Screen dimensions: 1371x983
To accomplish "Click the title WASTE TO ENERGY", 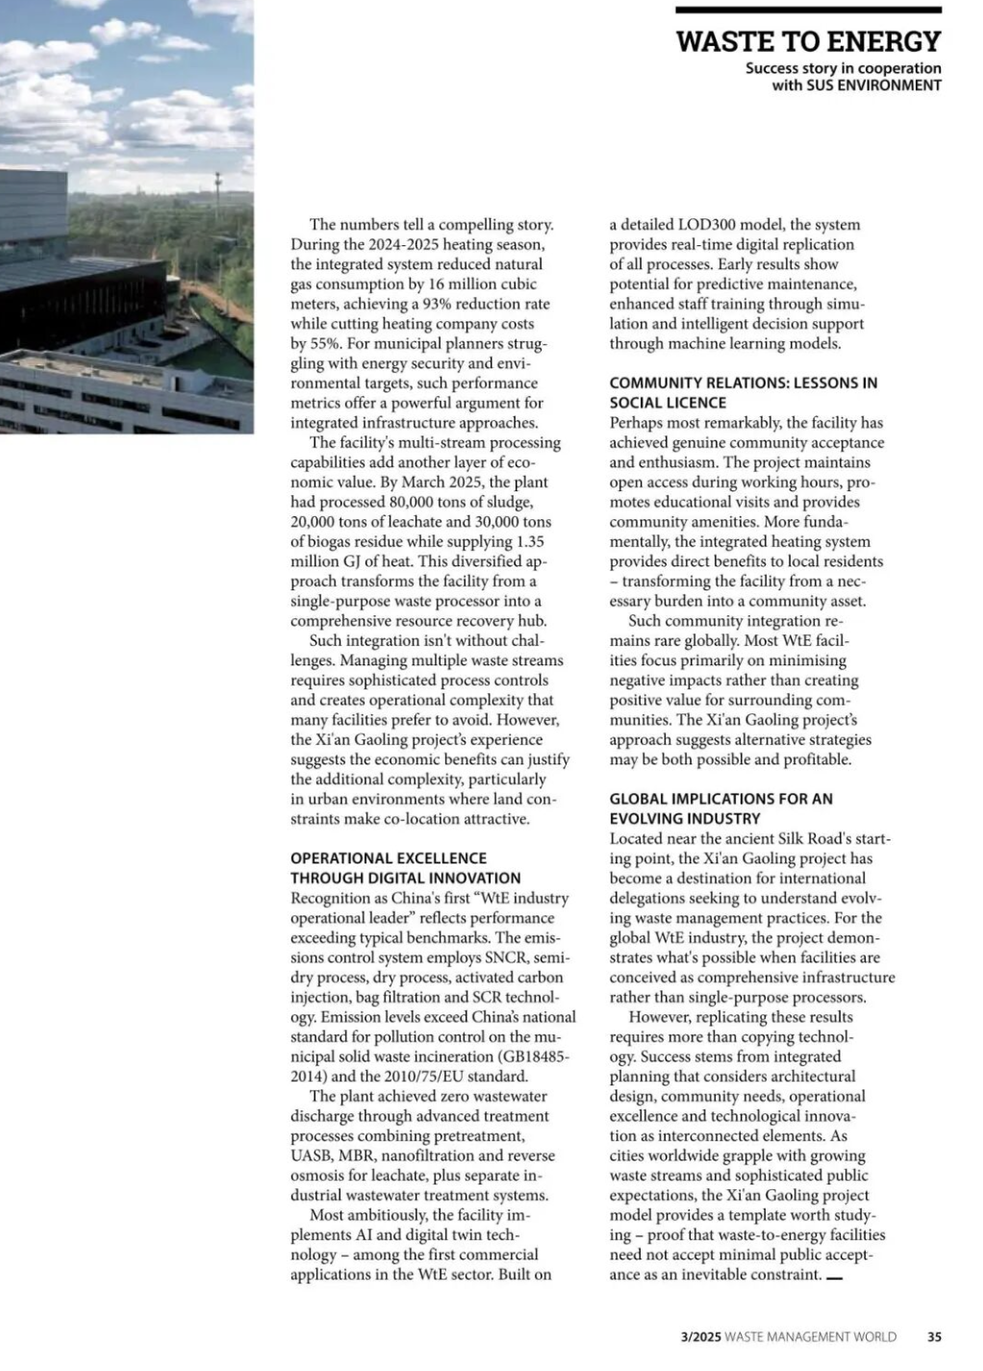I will pos(808,41).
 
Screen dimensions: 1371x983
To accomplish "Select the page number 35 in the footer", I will pos(935,1336).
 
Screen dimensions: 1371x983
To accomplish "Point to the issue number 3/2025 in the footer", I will pos(700,1336).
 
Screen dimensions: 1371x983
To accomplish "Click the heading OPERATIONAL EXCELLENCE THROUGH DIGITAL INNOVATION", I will pos(405,868).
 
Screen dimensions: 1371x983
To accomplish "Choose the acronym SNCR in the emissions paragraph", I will pos(506,958).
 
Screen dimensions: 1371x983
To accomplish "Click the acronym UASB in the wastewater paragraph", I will pos(311,1156).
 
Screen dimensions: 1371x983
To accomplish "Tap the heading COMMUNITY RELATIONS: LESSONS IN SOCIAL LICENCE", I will pos(743,392).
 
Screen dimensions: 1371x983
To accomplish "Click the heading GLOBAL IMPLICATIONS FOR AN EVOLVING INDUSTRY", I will pos(720,809).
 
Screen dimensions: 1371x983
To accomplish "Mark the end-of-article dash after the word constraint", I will pos(834,1278).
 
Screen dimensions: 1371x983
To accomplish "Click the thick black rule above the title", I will pos(808,11).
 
